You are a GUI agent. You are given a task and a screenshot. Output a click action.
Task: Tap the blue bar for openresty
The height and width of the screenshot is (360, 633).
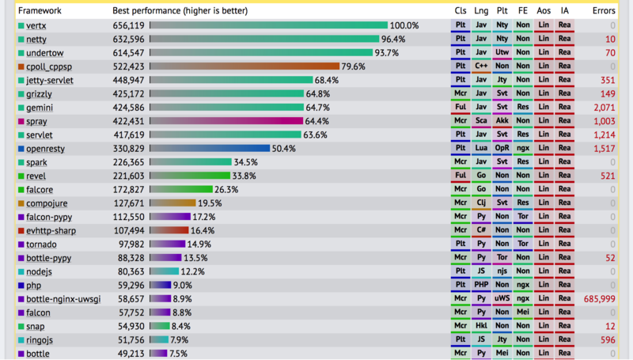tap(210, 148)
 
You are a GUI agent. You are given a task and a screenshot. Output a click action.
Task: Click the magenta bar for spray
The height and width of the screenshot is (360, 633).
tap(226, 121)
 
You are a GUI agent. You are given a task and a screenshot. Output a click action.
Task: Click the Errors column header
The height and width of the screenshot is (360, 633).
tap(603, 10)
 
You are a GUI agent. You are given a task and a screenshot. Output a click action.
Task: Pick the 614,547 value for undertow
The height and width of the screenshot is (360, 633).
tap(128, 53)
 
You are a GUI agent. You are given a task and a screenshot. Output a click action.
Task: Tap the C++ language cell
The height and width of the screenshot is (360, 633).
tap(481, 66)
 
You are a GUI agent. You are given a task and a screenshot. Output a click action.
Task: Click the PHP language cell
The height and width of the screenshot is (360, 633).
tap(481, 285)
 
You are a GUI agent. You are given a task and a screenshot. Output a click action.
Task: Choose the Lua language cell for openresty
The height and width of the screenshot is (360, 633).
tap(481, 148)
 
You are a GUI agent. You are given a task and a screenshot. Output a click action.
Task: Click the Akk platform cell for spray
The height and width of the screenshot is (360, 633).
tap(502, 121)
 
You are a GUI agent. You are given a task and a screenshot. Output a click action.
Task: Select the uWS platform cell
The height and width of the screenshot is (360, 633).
tap(502, 299)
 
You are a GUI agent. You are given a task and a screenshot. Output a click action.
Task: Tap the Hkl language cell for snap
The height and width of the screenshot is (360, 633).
tap(481, 326)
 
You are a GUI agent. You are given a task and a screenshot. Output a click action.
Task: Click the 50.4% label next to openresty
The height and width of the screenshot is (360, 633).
tap(283, 148)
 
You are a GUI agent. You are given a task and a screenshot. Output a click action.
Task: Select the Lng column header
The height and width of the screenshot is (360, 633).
tap(481, 10)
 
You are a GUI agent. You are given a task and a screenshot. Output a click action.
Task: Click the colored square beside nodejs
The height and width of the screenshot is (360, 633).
tap(21, 271)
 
